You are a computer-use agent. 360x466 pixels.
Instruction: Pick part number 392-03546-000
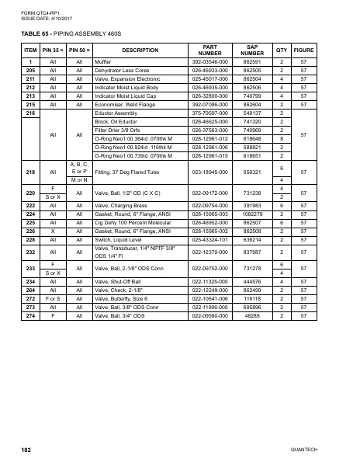point(209,61)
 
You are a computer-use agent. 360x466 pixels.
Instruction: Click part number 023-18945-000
point(209,171)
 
